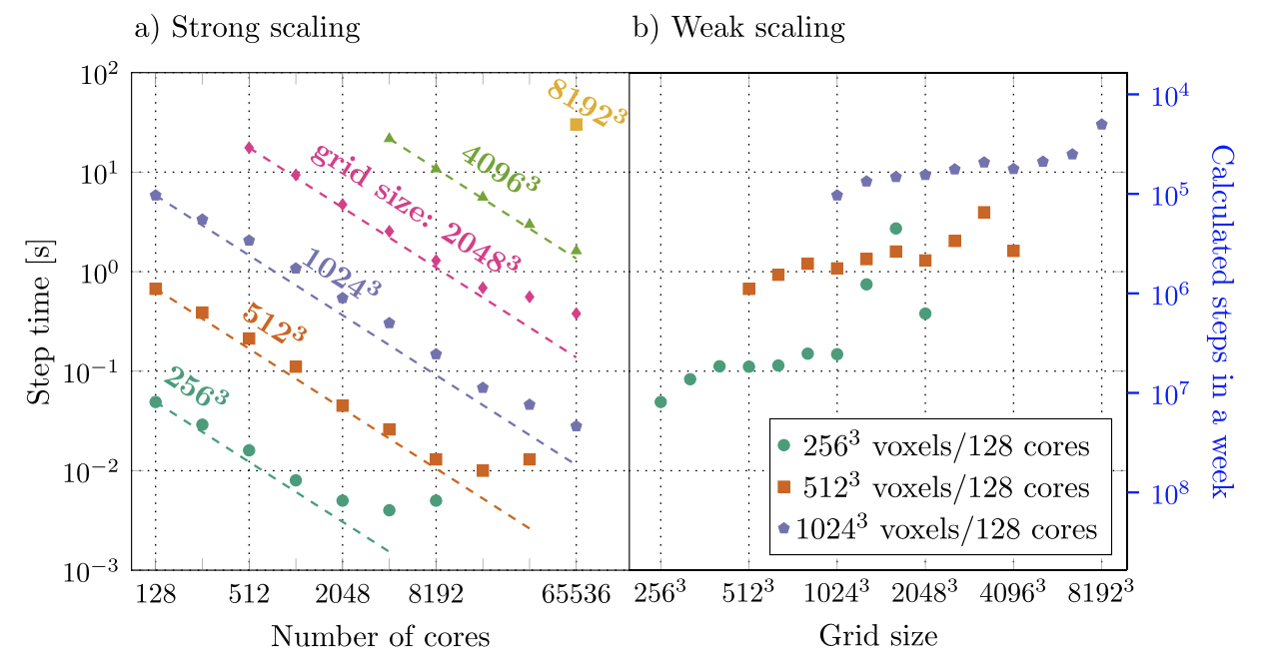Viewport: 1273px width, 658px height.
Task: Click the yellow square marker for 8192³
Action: [576, 124]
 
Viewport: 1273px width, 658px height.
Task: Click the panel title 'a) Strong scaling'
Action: [247, 28]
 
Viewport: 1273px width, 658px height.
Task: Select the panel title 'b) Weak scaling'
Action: [739, 28]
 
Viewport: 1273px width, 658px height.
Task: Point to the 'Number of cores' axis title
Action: [380, 636]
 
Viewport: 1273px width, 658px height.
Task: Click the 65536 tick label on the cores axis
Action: [576, 595]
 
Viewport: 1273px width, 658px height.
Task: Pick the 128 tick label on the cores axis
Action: [155, 595]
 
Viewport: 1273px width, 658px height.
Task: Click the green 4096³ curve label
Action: [500, 169]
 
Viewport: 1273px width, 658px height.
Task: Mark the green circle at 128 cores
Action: [155, 401]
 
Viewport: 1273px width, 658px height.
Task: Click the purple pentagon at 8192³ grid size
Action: [1101, 125]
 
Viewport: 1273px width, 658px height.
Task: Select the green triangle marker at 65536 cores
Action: [576, 250]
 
